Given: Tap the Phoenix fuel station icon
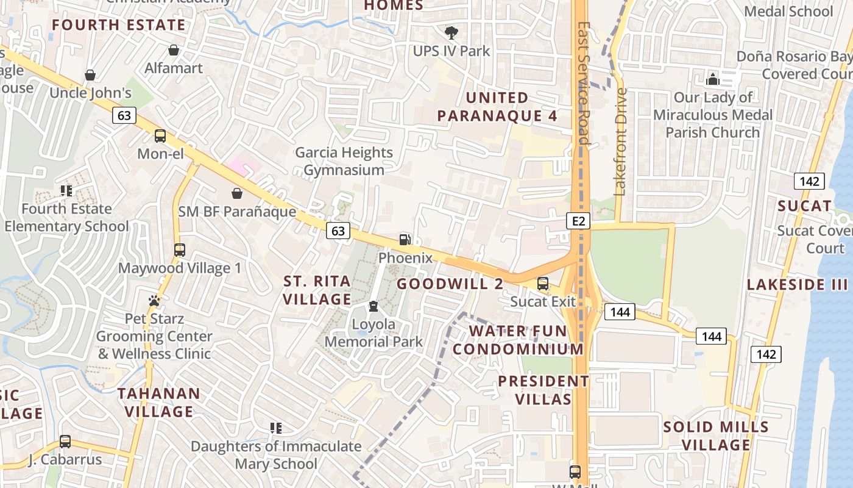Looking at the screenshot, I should coord(405,240).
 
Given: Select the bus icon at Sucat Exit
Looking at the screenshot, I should coord(542,284).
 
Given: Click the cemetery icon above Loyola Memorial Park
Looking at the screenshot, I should coord(373,306).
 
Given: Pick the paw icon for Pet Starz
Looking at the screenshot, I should coord(154,301).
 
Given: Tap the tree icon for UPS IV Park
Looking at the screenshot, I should coord(451,32).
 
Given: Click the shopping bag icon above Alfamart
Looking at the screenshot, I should coord(174,50).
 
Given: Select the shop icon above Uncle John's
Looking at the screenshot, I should coord(90,75).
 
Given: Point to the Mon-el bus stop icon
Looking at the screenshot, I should coord(160,136).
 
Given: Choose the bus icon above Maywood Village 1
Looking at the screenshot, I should coord(179,250).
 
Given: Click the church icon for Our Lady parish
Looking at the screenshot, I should coord(712,79).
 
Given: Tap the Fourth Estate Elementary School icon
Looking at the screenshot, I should coord(66,191).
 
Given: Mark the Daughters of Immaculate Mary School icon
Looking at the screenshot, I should coord(276,428).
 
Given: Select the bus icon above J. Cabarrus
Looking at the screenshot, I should coord(65,442).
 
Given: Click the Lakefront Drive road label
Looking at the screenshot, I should coord(621,142).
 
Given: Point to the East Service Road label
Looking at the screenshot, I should coord(584,84).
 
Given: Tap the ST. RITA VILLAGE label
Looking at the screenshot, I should coord(317,290).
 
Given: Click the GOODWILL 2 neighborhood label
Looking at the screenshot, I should coord(450,284).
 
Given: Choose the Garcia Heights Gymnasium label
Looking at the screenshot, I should coord(344,161).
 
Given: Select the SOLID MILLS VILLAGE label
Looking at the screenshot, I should coord(716,436).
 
